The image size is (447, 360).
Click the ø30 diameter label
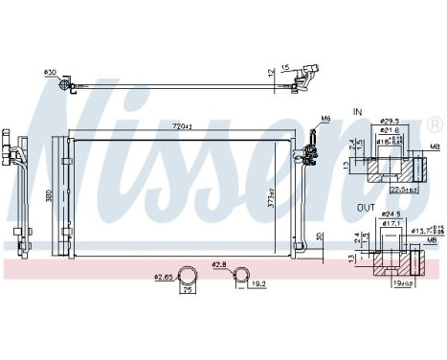click(50, 72)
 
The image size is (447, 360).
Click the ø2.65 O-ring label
click(164, 278)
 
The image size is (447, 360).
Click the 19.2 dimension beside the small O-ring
click(256, 283)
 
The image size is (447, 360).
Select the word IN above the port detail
click(357, 113)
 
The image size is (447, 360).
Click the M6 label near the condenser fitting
click(324, 119)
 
